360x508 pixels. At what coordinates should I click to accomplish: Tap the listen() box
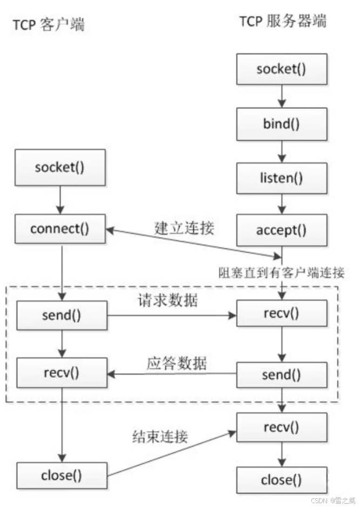[x=281, y=177]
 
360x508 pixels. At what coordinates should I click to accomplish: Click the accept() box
[x=281, y=230]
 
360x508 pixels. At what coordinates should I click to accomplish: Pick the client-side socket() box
[x=59, y=167]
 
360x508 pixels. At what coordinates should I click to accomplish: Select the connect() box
[x=59, y=229]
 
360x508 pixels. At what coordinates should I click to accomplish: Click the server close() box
[x=281, y=480]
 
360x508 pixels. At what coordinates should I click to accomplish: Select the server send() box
[x=281, y=374]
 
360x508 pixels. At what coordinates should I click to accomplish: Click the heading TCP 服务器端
[x=283, y=21]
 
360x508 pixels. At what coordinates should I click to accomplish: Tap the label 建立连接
[x=185, y=228]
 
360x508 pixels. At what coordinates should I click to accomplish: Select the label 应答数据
[x=176, y=362]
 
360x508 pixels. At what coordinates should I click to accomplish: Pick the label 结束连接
[x=160, y=436]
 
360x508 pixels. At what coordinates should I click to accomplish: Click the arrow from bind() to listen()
[x=281, y=151]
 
